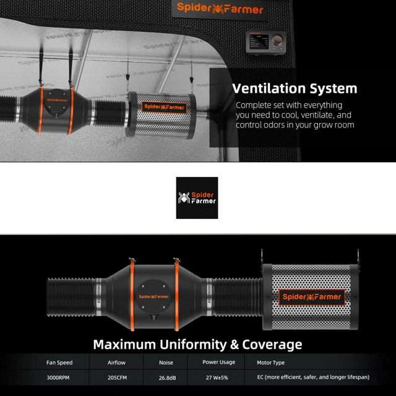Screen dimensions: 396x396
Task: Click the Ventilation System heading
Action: pyautogui.click(x=295, y=88)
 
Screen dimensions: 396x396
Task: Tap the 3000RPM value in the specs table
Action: pyautogui.click(x=58, y=378)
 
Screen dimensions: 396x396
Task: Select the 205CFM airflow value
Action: pyautogui.click(x=117, y=378)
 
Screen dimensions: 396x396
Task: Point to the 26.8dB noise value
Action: pyautogui.click(x=167, y=378)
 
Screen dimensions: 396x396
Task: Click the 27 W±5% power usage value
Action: pyautogui.click(x=217, y=378)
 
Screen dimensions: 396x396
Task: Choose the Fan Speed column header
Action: pyautogui.click(x=59, y=363)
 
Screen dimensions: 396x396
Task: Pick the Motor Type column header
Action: pyautogui.click(x=271, y=363)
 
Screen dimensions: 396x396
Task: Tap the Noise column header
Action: pyautogui.click(x=166, y=363)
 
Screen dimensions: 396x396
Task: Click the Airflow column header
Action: pyautogui.click(x=116, y=363)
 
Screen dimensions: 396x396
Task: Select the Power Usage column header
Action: pyautogui.click(x=218, y=362)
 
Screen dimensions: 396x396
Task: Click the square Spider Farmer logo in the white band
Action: pyautogui.click(x=197, y=198)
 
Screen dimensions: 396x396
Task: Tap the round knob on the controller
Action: pyautogui.click(x=277, y=40)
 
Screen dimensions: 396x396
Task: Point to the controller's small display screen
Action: pyautogui.click(x=259, y=41)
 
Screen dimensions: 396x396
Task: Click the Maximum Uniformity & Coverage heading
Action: pyautogui.click(x=197, y=345)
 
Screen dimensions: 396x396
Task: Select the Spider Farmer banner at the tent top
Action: pyautogui.click(x=220, y=8)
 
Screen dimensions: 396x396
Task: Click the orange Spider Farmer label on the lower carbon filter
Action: pyautogui.click(x=312, y=297)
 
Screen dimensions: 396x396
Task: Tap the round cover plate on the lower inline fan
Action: pyautogui.click(x=153, y=297)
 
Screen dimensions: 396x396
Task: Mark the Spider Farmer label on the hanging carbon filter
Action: pyautogui.click(x=164, y=107)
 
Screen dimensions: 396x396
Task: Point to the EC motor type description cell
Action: pyautogui.click(x=313, y=377)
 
